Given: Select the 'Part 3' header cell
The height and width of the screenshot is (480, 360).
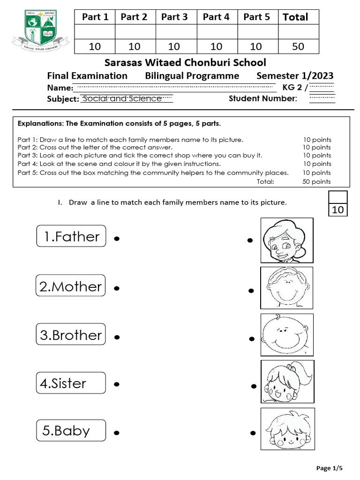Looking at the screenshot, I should coord(174,17).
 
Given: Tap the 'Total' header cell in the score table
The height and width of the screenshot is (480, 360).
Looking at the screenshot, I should coord(298,17).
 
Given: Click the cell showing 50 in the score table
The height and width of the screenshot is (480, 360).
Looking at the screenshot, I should coord(298,46).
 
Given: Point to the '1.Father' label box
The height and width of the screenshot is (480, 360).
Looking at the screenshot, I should coord(71,236).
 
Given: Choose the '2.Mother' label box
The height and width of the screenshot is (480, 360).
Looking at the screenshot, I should coord(70,285).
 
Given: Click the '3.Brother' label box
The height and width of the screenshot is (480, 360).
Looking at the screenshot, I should coord(70,334).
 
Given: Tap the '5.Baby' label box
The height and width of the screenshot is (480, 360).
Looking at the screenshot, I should coord(71,430).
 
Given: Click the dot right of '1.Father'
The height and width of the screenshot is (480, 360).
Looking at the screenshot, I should coord(116,239).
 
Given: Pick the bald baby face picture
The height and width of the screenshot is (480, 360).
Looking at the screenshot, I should coord(286,335).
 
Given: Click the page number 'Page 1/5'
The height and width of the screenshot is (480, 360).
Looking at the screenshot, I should coord(330,468).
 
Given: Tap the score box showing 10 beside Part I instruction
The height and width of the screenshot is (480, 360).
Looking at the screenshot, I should coord(338,210).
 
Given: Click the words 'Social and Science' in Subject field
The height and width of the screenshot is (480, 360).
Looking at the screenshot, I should coord(122,98).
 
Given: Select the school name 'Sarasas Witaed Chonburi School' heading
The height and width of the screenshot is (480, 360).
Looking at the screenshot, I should coord(185,62).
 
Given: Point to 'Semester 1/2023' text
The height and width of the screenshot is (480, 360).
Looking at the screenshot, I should coord(295,76).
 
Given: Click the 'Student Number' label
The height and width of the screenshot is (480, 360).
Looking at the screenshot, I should coord(262,98).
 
